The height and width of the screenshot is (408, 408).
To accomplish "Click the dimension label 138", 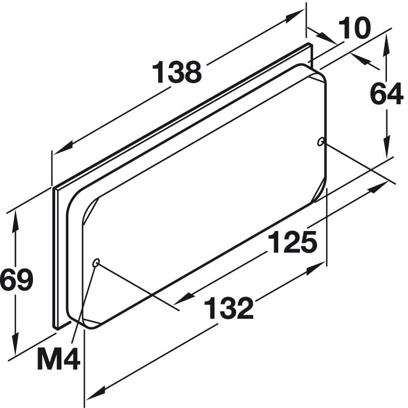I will (177, 73).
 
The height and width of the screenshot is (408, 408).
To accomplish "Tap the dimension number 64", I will (387, 94).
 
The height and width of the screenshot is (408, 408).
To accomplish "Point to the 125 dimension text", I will (292, 243).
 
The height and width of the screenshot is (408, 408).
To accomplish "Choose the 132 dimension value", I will (228, 308).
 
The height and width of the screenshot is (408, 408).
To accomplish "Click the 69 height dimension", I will (17, 280).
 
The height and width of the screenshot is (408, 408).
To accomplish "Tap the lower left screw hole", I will (96, 262).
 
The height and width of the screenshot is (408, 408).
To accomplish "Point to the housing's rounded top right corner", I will (316, 74).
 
